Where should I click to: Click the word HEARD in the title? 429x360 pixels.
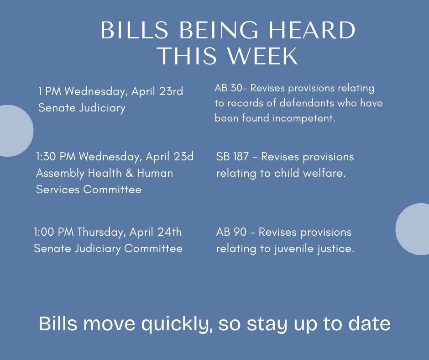312,30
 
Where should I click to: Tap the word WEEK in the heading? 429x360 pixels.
262,56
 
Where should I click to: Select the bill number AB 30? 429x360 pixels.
228,88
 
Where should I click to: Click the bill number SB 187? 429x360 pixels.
232,157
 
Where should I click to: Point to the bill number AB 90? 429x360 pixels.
231,232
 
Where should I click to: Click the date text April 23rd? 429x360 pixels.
157,91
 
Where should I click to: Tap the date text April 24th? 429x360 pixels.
156,232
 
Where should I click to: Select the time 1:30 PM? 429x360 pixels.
56,156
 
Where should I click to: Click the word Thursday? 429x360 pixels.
100,233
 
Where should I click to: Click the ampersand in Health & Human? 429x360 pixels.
130,173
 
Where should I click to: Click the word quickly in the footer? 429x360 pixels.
177,324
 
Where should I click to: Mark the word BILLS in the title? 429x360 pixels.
134,30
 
